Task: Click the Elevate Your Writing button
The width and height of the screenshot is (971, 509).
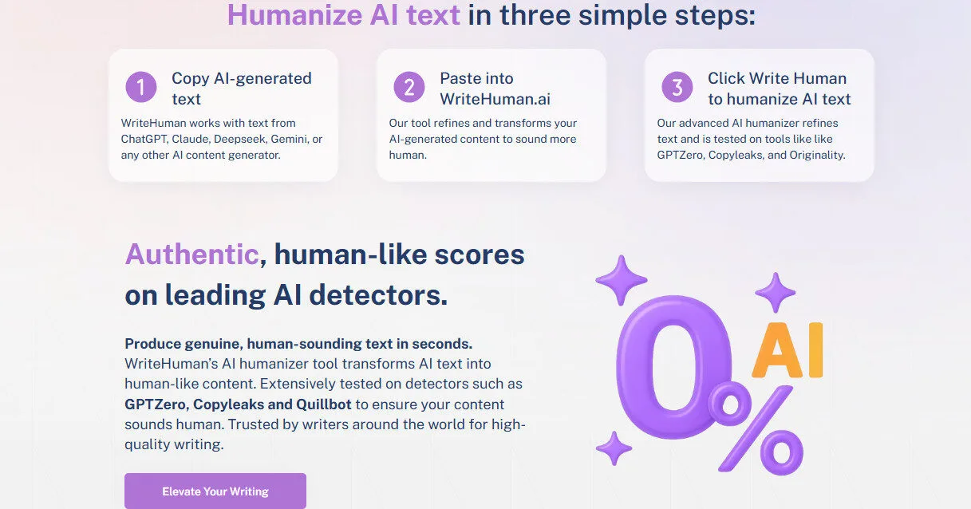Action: pyautogui.click(x=215, y=491)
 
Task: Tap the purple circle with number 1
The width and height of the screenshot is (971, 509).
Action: pyautogui.click(x=141, y=87)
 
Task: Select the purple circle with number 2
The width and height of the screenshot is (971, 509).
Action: pyautogui.click(x=409, y=87)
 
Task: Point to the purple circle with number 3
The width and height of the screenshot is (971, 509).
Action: pyautogui.click(x=677, y=87)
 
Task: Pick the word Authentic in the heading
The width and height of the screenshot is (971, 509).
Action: pyautogui.click(x=191, y=254)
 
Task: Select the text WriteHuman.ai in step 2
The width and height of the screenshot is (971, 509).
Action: pyautogui.click(x=495, y=99)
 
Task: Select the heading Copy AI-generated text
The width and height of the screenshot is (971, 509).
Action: pyautogui.click(x=241, y=89)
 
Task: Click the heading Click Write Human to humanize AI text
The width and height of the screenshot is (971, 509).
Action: pyautogui.click(x=779, y=89)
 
